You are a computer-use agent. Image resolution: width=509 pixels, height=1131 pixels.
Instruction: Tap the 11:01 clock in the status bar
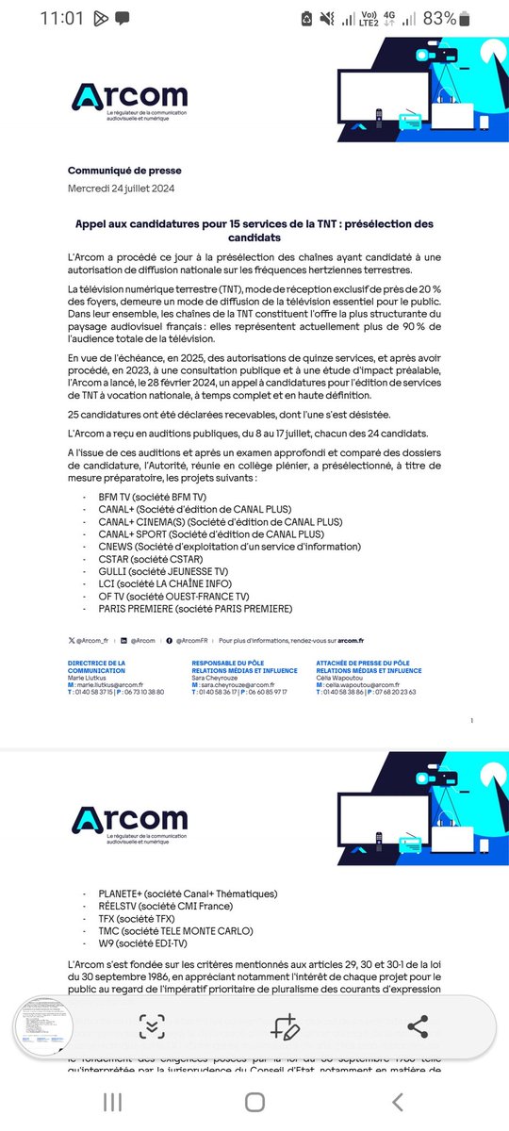tap(62, 18)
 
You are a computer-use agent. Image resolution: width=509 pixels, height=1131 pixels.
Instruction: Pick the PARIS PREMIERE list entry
tap(194, 609)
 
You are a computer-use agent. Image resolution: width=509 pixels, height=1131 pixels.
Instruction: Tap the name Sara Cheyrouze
tap(219, 678)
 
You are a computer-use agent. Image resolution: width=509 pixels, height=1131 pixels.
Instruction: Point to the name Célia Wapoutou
tap(343, 678)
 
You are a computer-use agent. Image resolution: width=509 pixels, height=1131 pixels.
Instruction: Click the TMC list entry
tap(175, 930)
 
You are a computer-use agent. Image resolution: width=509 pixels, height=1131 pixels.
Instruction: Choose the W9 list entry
tap(143, 942)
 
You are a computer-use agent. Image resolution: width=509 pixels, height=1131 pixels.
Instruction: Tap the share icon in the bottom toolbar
tap(418, 1027)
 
